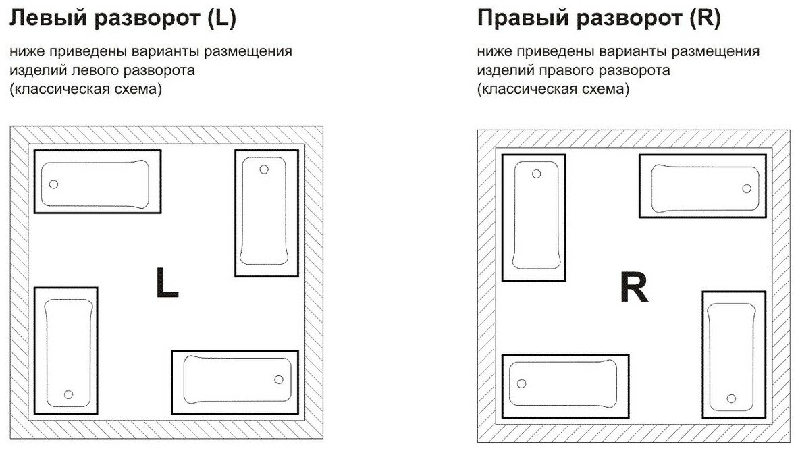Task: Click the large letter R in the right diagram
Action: (633, 289)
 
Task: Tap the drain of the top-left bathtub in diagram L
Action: (54, 184)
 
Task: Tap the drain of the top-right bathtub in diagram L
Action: (264, 169)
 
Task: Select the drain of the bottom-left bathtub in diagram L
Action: (68, 394)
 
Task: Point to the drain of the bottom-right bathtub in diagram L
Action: (279, 379)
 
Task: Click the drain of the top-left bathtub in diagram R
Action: (537, 174)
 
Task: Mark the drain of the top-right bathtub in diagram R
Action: (747, 188)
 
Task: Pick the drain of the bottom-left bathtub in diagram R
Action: (521, 383)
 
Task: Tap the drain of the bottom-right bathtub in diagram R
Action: (732, 398)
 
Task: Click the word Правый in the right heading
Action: (517, 19)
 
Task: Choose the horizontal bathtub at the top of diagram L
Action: (97, 181)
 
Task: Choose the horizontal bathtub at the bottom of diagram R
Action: (566, 386)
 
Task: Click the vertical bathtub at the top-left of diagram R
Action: (534, 217)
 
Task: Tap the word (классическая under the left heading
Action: (62, 89)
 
